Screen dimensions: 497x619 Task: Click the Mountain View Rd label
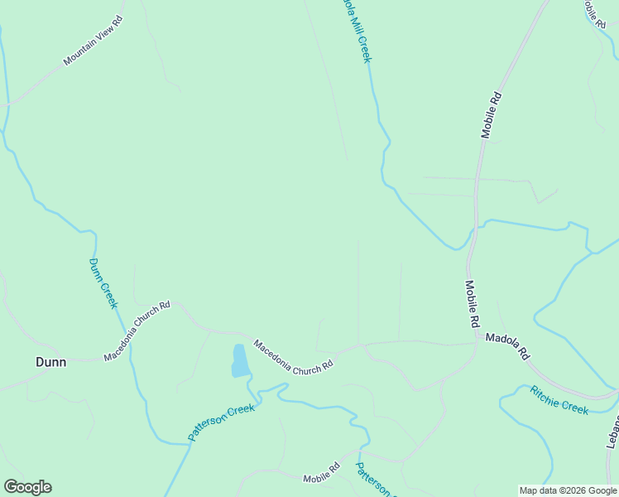point(93,40)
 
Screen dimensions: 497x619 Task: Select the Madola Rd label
point(507,345)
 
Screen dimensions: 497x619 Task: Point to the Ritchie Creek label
point(559,399)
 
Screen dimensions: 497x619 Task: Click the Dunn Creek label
point(103,283)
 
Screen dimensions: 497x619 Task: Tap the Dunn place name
point(50,362)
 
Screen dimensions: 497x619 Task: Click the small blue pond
point(239,361)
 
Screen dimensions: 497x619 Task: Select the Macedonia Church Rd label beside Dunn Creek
point(137,331)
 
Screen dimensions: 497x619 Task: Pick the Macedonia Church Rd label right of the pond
point(293,355)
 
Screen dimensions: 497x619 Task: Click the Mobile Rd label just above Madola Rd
point(473,302)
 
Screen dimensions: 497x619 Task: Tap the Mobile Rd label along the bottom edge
point(321,474)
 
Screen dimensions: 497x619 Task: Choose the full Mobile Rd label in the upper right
point(492,114)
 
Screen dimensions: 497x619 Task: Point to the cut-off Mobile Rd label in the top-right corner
point(594,13)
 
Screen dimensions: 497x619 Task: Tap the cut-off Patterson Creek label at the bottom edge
point(374,480)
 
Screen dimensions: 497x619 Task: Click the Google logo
point(27,487)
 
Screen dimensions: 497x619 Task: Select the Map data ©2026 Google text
point(568,490)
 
